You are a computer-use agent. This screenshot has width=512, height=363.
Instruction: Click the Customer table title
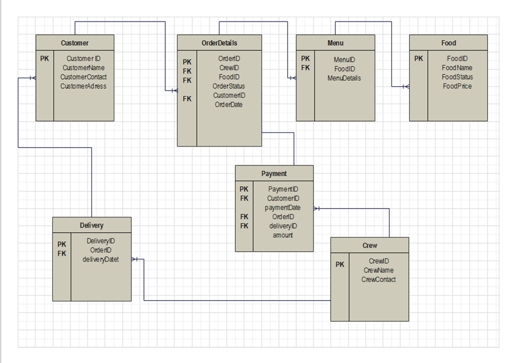[x=75, y=43]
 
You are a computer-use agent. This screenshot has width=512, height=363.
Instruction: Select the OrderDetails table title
[x=219, y=43]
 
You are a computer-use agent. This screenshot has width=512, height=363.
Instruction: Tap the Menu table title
[x=335, y=43]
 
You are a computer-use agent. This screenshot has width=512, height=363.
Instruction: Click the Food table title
[x=448, y=43]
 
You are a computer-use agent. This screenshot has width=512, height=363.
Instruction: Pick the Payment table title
[x=274, y=173]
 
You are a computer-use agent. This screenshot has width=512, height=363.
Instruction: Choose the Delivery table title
[x=91, y=225]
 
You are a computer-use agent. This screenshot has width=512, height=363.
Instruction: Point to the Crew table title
[x=369, y=245]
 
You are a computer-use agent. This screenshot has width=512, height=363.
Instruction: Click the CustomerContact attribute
[x=83, y=77]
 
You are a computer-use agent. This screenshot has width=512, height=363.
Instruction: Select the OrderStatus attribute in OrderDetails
[x=228, y=86]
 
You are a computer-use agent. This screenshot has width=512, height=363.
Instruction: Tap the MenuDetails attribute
[x=344, y=78]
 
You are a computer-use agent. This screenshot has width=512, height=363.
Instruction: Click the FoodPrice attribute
[x=457, y=86]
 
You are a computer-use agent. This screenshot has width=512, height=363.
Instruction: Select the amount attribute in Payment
[x=283, y=235]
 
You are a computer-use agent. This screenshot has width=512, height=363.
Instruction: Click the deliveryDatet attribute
[x=100, y=259]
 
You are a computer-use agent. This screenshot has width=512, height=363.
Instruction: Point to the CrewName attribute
[x=378, y=271]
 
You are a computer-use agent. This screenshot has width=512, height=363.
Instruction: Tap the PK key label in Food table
[x=418, y=59]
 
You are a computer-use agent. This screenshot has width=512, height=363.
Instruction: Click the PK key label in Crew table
[x=340, y=265]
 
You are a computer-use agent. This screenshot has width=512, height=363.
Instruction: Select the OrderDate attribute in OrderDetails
[x=228, y=105]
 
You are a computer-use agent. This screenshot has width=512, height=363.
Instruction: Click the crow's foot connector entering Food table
[x=405, y=86]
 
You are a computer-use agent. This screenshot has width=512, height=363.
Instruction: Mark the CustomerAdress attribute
[x=83, y=86]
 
